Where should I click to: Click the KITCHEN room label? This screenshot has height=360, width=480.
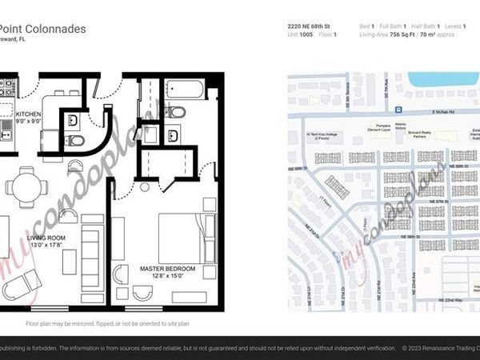tap(29, 114)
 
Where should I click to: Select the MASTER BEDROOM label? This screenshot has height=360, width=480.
tap(167, 268)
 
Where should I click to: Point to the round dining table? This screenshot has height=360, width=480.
tap(26, 186)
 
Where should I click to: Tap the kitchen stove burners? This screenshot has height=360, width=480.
tap(6, 87)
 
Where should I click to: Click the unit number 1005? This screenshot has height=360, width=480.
tap(306, 35)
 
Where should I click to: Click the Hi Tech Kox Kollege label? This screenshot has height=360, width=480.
tap(322, 136)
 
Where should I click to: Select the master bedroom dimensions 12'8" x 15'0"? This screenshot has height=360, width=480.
tap(167, 277)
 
